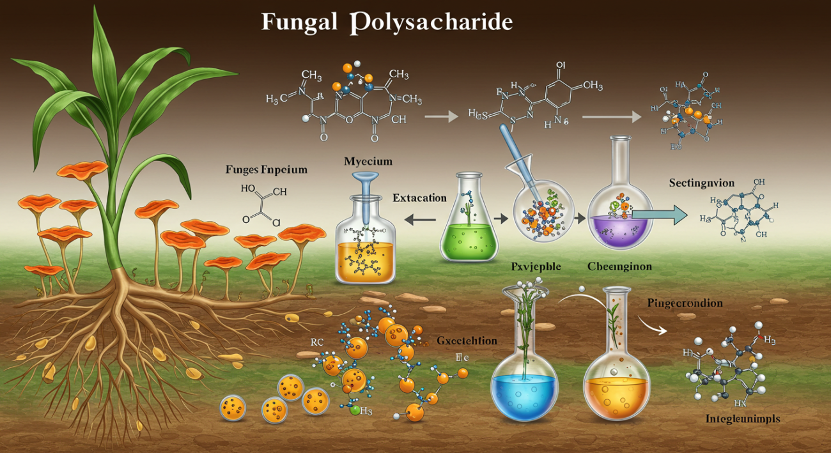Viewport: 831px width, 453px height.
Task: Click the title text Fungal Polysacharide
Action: (x=387, y=22)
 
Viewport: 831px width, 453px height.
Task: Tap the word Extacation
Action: (x=419, y=198)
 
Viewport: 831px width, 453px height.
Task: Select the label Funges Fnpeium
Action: (x=267, y=170)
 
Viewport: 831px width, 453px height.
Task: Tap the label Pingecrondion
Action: (x=685, y=303)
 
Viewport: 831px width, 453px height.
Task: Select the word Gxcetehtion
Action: (x=467, y=341)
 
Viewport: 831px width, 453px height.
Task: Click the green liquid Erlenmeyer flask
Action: (x=470, y=224)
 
